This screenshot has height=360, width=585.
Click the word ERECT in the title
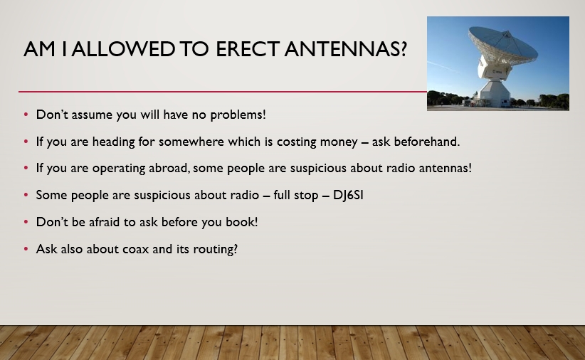[248, 49]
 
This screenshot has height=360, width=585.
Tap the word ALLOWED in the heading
[124, 49]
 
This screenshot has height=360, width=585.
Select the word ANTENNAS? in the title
[345, 49]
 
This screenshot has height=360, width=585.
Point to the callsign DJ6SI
[348, 195]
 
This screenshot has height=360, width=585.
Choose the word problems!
[238, 115]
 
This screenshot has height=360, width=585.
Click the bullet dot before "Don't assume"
[26, 114]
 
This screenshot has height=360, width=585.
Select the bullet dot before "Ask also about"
[26, 248]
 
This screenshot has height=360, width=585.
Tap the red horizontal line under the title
[223, 91]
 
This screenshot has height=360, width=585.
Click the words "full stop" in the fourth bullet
[296, 195]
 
